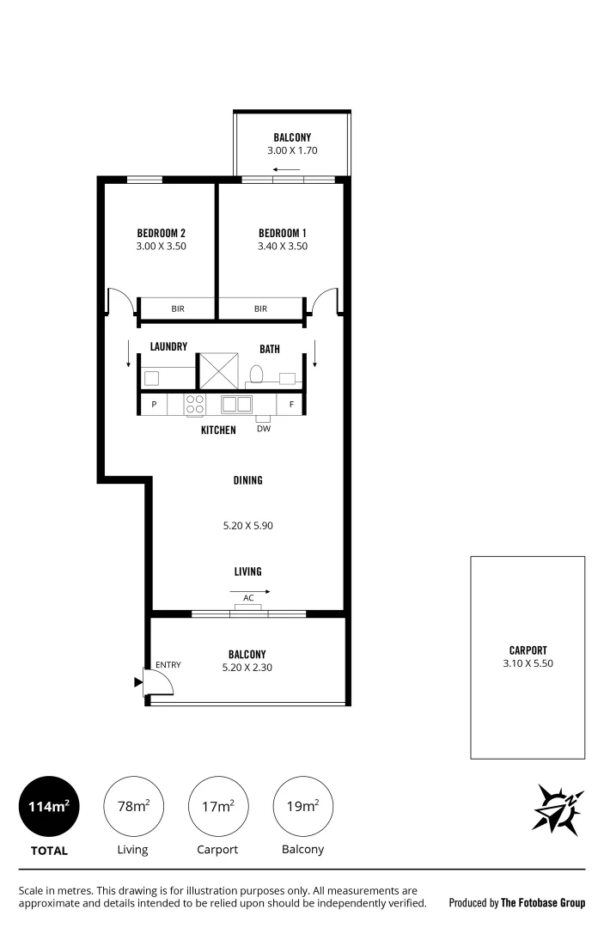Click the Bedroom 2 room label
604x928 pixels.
click(x=162, y=233)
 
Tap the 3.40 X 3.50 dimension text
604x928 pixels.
click(x=283, y=246)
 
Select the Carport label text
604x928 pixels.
click(x=527, y=650)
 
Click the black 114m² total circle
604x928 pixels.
click(x=48, y=806)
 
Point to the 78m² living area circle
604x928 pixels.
click(x=132, y=806)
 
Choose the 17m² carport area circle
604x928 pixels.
click(x=217, y=806)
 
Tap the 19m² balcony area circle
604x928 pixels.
click(x=302, y=806)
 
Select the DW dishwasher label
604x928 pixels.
click(x=263, y=428)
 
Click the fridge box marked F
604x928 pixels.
click(x=291, y=404)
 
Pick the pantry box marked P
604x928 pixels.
click(x=155, y=404)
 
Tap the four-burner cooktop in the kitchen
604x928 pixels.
click(x=195, y=404)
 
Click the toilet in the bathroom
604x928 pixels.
click(x=255, y=374)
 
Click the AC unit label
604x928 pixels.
click(x=248, y=598)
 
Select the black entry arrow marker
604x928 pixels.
click(x=138, y=683)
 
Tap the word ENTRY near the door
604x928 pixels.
click(x=168, y=664)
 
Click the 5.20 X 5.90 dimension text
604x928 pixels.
click(x=247, y=526)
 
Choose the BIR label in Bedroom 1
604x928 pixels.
click(x=260, y=308)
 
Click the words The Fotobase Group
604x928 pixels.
click(x=543, y=903)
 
